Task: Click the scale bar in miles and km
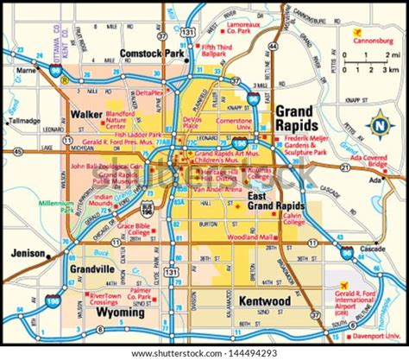click(x=368, y=63)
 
